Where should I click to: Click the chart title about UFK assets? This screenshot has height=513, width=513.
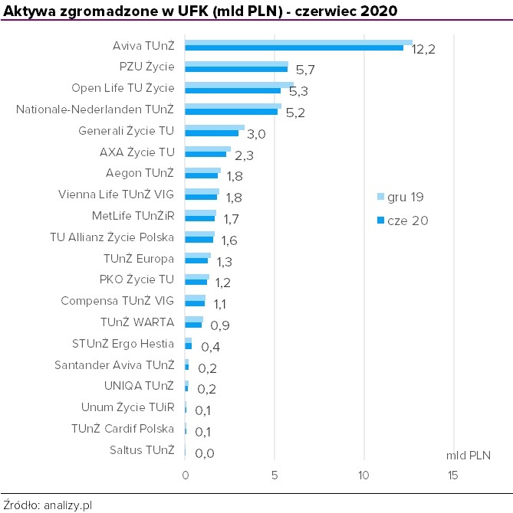click(x=201, y=10)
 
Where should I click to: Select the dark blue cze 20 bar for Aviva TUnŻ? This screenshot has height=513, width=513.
click(x=294, y=48)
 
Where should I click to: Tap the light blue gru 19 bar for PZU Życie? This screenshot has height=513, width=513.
click(x=236, y=64)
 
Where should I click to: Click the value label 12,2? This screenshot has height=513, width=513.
click(x=423, y=50)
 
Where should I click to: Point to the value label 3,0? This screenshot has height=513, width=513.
click(x=257, y=135)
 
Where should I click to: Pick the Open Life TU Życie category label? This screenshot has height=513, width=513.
click(x=123, y=88)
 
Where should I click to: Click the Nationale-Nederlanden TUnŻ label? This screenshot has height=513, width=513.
click(x=95, y=109)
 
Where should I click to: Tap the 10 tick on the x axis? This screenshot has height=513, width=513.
click(x=363, y=475)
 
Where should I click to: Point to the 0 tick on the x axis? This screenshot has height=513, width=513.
click(x=185, y=475)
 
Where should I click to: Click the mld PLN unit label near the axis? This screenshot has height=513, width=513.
click(x=468, y=455)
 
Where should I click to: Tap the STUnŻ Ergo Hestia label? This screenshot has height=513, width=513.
click(x=123, y=344)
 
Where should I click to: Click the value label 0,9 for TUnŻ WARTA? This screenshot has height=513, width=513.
click(x=219, y=326)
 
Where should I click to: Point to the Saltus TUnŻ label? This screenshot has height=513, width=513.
click(x=142, y=450)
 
